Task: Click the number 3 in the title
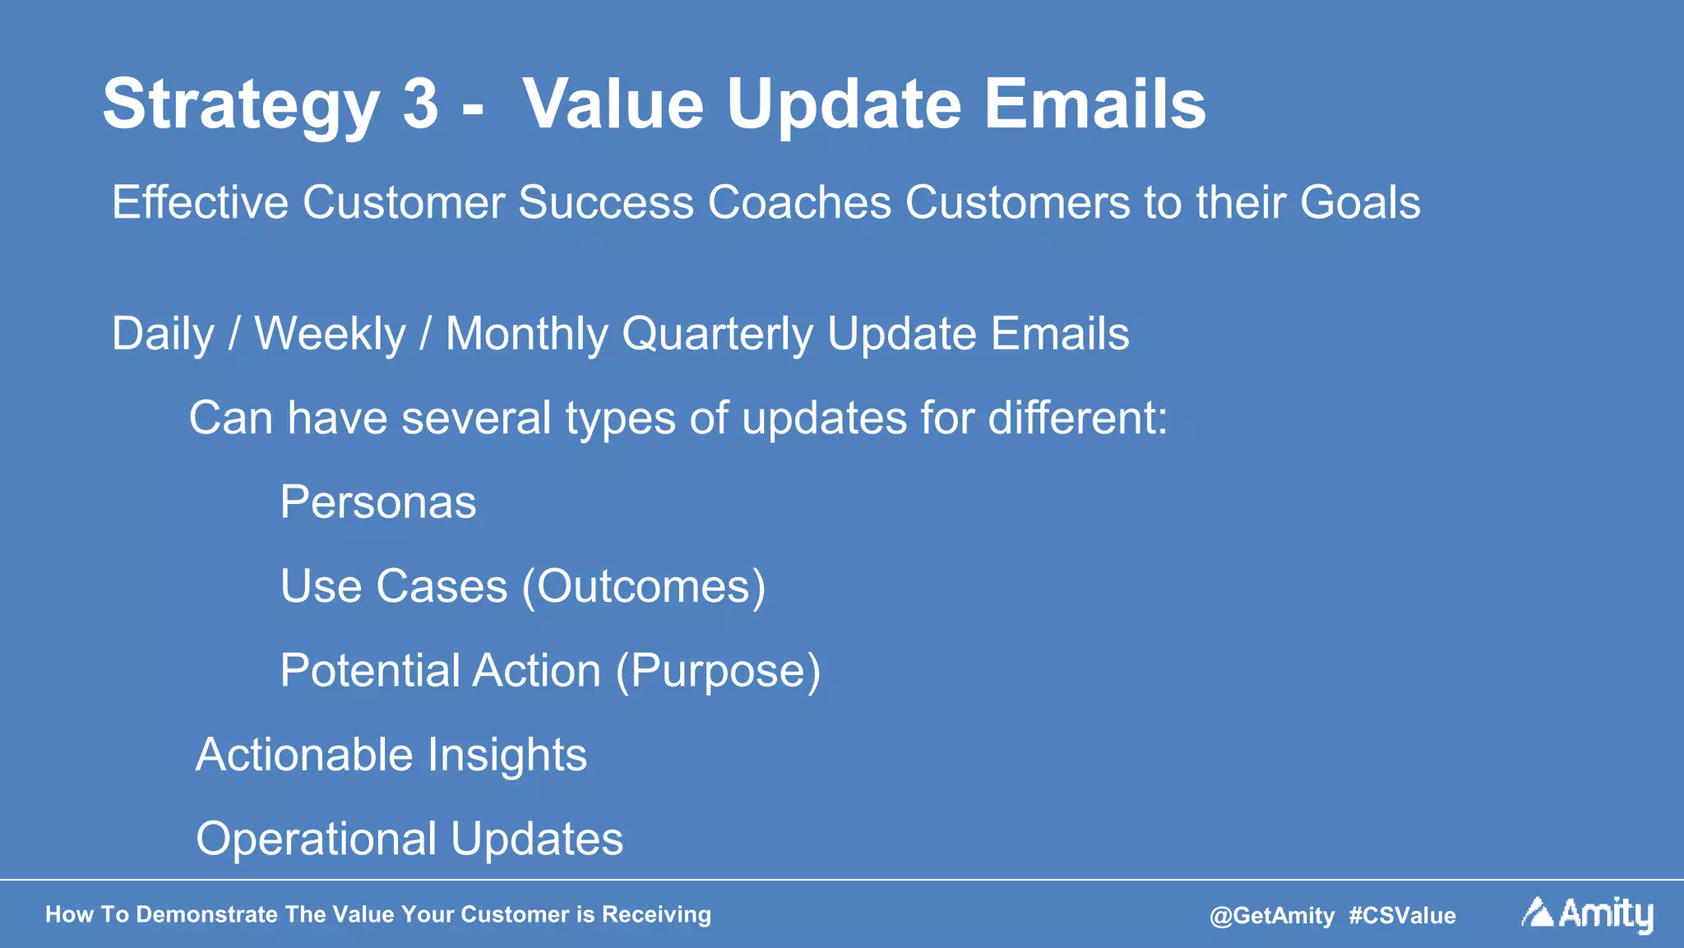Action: [420, 104]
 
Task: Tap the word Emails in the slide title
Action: [1094, 104]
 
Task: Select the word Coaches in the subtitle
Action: [799, 202]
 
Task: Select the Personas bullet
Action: [377, 502]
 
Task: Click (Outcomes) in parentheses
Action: [644, 587]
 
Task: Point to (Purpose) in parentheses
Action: [718, 672]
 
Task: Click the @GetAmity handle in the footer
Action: [1271, 916]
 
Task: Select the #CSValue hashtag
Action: [1402, 916]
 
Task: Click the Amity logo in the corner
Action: [1587, 913]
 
